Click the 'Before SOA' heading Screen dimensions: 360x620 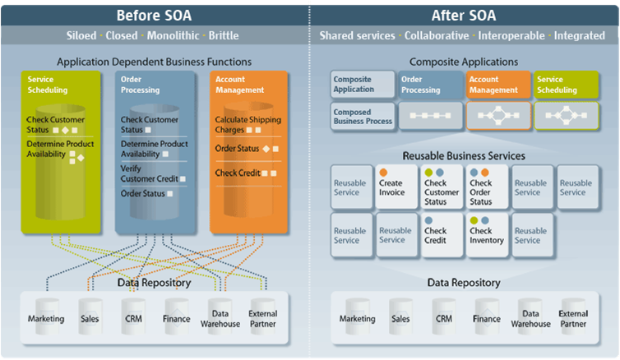pos(154,14)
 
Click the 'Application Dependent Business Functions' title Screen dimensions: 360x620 pos(154,62)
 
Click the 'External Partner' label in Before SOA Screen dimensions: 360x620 pos(263,318)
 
